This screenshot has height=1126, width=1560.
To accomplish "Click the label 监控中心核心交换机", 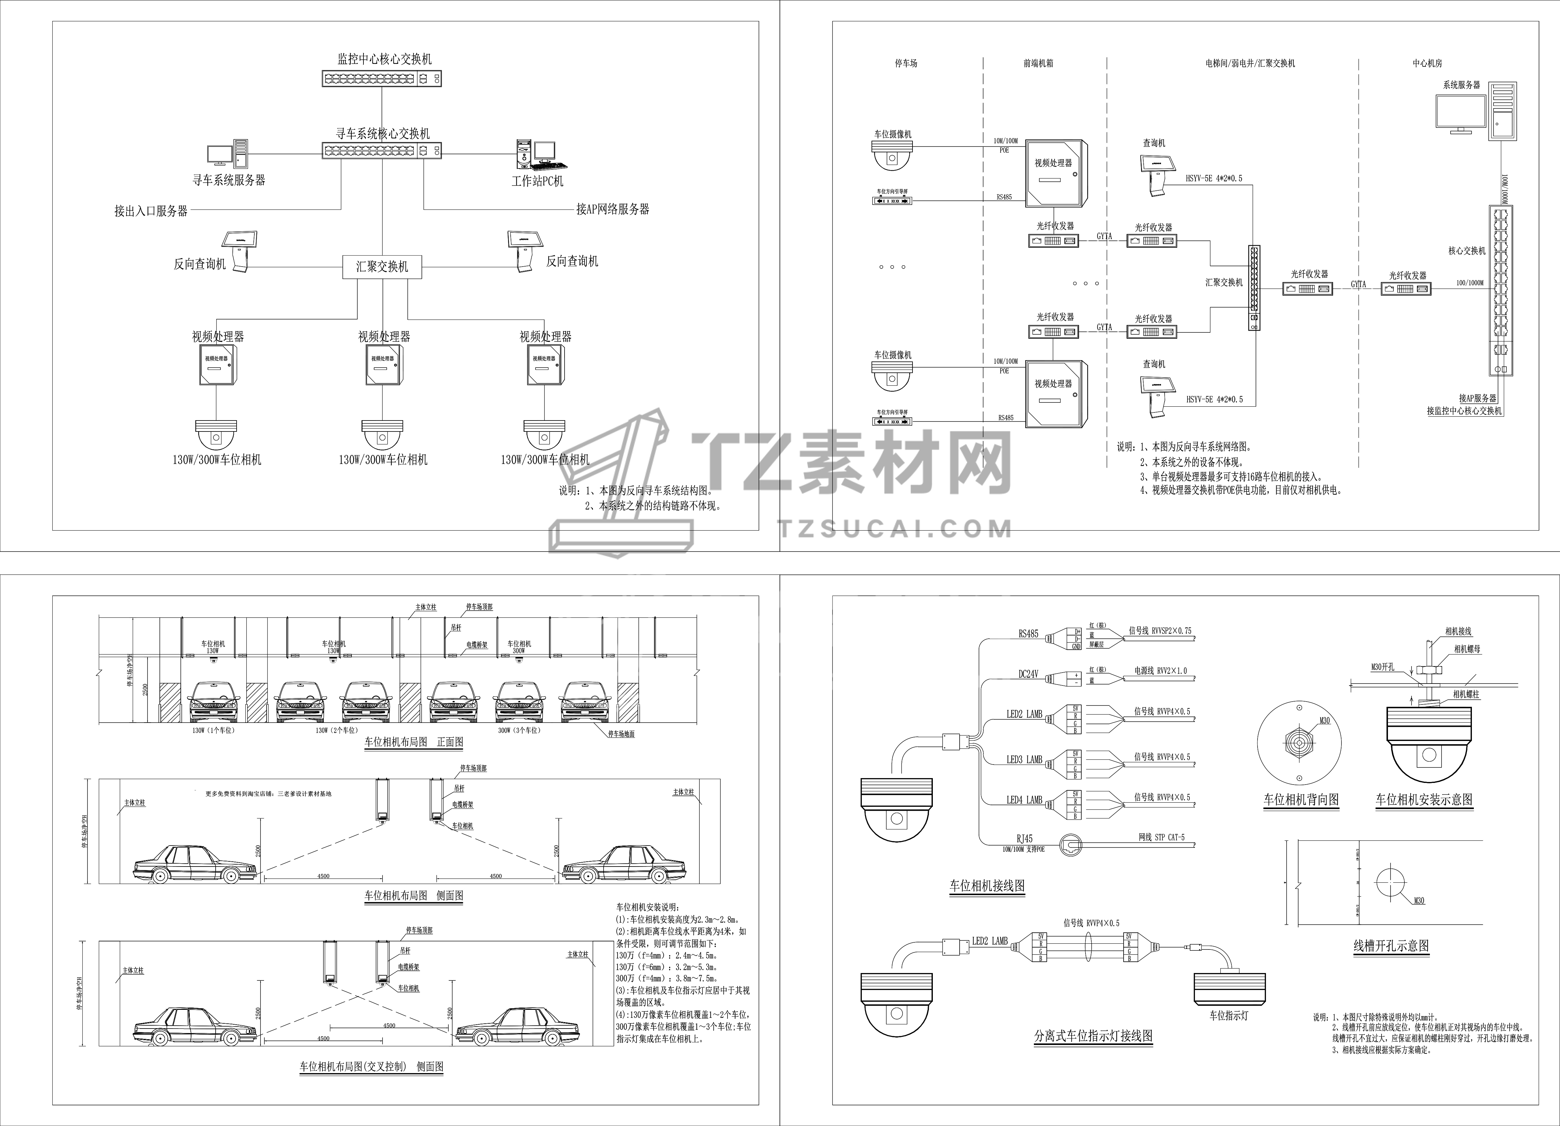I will pos(384,59).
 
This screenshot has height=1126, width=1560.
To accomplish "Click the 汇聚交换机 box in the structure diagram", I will pos(382,266).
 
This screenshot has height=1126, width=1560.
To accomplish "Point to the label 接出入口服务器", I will pos(151,211).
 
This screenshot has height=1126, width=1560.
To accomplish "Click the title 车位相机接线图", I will pos(987,886).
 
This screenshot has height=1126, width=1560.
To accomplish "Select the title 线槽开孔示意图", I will pos(1391,946).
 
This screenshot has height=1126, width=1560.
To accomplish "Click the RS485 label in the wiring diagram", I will pos(1028,634).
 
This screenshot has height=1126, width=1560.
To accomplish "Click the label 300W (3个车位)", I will pos(519,730).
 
